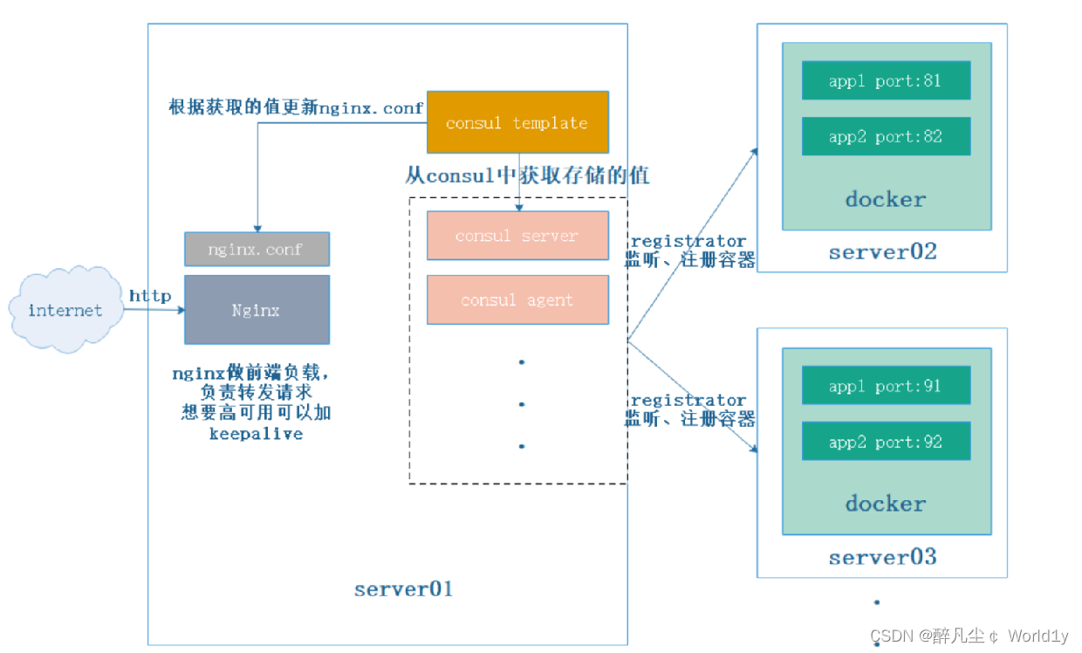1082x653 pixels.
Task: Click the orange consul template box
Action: coord(517,122)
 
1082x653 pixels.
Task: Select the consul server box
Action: coord(517,236)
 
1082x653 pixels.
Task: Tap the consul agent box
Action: coord(517,299)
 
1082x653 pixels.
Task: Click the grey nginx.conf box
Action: coord(257,249)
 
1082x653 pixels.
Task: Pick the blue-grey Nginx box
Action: coord(257,310)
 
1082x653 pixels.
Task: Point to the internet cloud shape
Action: coord(65,311)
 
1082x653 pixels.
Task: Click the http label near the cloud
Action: coord(150,296)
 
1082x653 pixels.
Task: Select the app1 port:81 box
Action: coord(886,80)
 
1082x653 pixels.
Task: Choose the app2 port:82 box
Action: coord(886,136)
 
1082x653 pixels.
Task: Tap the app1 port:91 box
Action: coord(886,386)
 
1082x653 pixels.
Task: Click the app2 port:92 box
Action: coord(886,442)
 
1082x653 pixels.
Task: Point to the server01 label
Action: coord(403,588)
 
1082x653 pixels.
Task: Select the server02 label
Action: coord(882,252)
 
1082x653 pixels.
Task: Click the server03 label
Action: coord(882,557)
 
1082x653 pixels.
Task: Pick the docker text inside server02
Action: coord(886,199)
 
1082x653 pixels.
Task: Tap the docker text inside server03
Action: coord(886,504)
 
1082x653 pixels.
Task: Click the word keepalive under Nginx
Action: coord(256,434)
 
